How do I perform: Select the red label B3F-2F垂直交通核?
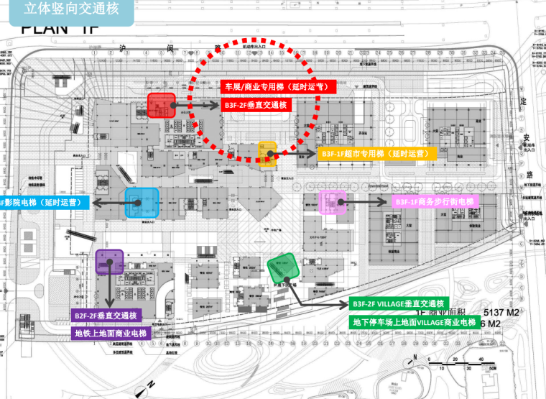256,105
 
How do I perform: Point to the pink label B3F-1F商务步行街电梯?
435,203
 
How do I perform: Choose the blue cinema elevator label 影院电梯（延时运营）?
42,203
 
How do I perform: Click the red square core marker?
162,106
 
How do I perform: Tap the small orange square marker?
268,153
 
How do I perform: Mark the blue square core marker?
141,203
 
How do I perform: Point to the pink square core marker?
333,203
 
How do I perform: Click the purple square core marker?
110,262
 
